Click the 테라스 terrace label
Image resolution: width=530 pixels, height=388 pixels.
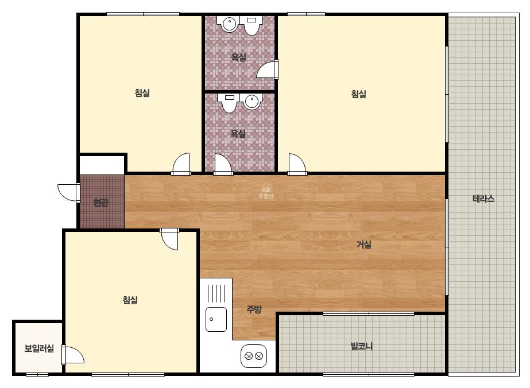[x=483, y=199]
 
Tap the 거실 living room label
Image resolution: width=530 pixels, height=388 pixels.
[x=364, y=245]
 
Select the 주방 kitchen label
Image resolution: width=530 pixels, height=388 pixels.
[x=254, y=309]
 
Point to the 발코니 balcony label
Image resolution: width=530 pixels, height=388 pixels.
[x=361, y=347]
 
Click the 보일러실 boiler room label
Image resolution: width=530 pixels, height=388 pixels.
[x=39, y=348]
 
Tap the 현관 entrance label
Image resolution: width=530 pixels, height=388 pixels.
[x=100, y=203]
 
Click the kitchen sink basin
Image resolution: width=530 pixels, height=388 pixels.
[x=216, y=319]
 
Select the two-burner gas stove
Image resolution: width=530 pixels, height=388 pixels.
[x=253, y=356]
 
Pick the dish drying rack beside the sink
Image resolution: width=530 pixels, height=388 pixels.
[x=216, y=293]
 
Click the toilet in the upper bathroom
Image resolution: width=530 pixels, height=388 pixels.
[x=251, y=25]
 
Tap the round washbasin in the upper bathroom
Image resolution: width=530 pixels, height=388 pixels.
[x=229, y=24]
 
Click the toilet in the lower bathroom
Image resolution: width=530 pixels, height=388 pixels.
[x=230, y=103]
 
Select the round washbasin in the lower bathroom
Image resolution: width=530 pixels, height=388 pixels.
[x=252, y=102]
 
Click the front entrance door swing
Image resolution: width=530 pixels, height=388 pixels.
[x=68, y=193]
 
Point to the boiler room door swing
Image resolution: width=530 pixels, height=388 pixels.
[x=73, y=355]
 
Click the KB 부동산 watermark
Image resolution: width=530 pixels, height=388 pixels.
[x=266, y=193]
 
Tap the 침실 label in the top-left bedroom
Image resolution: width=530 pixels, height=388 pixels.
[x=142, y=93]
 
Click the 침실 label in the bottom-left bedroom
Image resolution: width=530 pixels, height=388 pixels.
[x=130, y=300]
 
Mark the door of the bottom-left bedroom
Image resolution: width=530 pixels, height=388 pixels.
[x=169, y=239]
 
